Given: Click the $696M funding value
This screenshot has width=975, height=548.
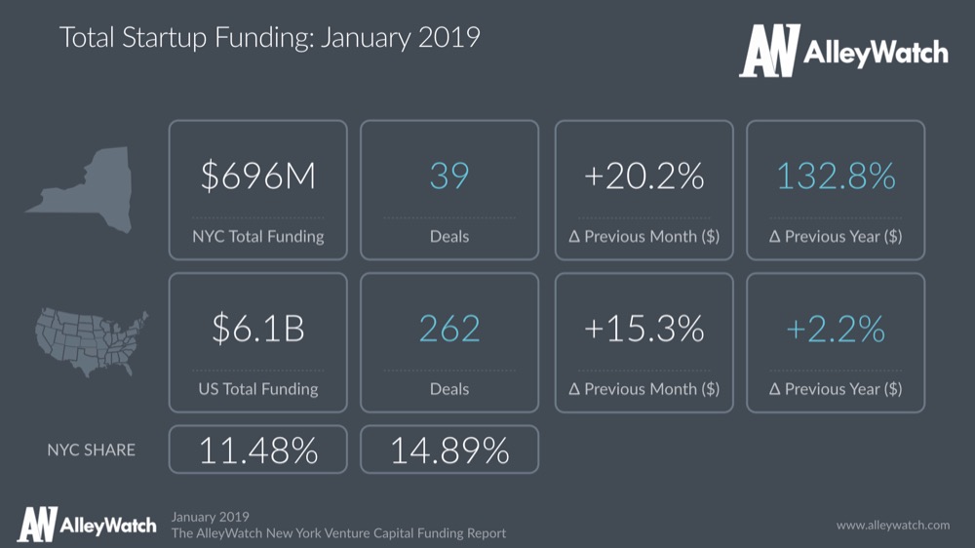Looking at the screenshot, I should (257, 176).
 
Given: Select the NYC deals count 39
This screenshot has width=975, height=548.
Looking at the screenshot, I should (448, 176).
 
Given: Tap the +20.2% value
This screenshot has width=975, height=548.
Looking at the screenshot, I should (643, 176).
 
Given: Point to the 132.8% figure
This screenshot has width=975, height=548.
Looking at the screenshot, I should (836, 176).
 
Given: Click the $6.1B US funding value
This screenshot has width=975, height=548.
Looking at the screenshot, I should (257, 329).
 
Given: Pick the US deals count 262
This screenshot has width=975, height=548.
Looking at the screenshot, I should (448, 329).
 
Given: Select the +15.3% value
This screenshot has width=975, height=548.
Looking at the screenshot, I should (643, 329).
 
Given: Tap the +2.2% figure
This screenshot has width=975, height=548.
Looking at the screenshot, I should (836, 329).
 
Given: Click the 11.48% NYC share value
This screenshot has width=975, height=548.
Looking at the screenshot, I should (257, 450).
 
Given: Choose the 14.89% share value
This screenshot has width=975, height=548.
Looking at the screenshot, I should (448, 450).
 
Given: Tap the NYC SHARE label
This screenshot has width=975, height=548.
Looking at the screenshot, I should (92, 450).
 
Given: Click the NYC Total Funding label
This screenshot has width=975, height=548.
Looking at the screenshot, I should (257, 236).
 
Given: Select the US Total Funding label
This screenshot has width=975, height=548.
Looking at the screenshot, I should (257, 389).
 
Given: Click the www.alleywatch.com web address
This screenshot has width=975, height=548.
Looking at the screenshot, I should (892, 526).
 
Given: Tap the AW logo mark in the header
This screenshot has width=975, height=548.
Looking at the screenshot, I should (769, 52).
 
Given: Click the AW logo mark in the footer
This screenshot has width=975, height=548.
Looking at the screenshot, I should (36, 525).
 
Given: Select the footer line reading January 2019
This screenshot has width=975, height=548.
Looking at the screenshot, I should (210, 516).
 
